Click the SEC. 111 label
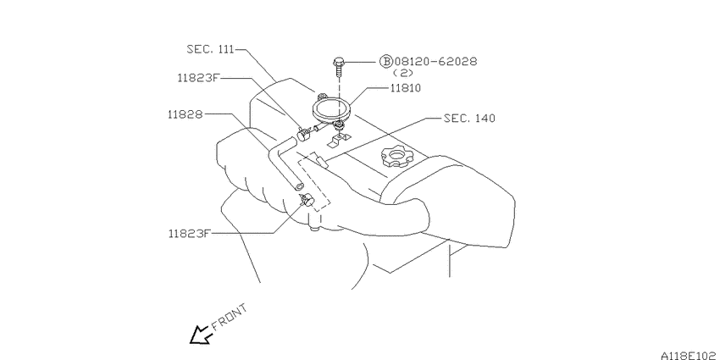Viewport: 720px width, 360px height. [210, 49]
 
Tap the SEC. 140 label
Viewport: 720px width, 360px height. [470, 119]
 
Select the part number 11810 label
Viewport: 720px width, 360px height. [406, 88]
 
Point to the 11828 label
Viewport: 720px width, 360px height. [185, 115]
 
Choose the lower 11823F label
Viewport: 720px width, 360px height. [189, 233]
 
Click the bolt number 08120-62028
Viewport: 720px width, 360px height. [435, 61]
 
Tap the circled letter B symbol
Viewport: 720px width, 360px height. [385, 61]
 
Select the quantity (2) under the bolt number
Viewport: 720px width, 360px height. [403, 73]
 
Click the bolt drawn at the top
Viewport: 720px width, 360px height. [338, 66]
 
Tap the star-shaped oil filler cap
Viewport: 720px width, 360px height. [396, 156]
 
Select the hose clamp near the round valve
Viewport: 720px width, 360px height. [303, 135]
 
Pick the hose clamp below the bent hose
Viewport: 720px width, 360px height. [307, 200]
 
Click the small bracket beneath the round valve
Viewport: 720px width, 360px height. [339, 140]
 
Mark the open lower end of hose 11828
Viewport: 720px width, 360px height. [299, 186]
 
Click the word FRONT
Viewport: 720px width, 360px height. [230, 317]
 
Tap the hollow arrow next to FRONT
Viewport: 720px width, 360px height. [200, 335]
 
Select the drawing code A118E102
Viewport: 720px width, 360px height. [690, 355]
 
